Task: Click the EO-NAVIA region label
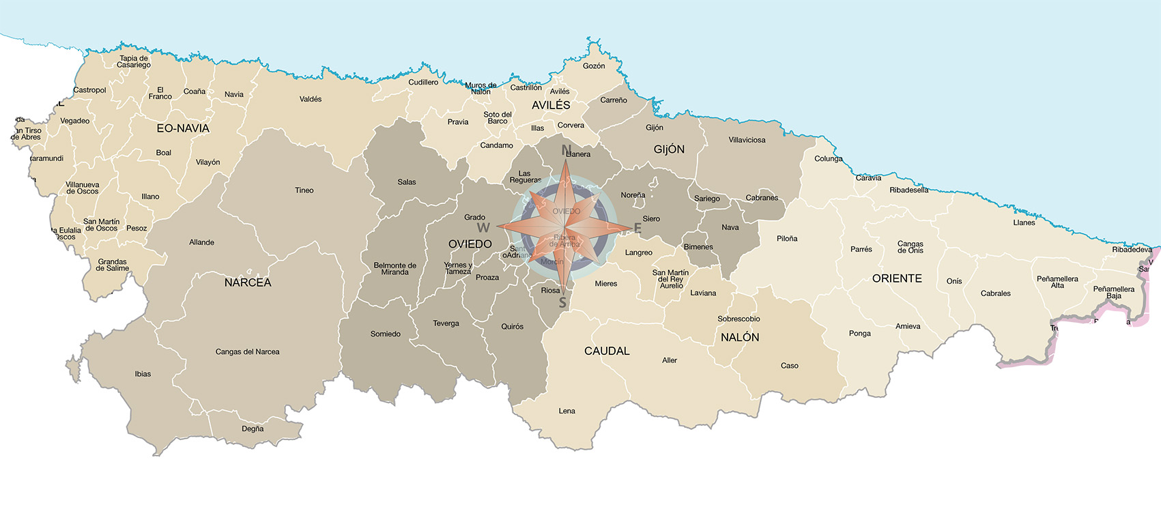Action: tap(183, 128)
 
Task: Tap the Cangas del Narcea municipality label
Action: tap(247, 352)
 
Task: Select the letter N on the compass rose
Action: tap(566, 149)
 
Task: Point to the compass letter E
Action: tap(637, 229)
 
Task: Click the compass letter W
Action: tap(483, 228)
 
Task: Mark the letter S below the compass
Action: tap(562, 303)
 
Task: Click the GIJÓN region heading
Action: tap(669, 149)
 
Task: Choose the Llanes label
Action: tap(1024, 222)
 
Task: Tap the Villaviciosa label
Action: tap(747, 140)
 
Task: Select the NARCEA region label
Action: tap(248, 283)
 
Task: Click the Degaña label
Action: tap(253, 429)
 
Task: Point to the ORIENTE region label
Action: tap(897, 278)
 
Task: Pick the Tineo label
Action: tap(304, 190)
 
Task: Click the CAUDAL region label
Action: tap(607, 351)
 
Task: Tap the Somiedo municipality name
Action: tap(385, 334)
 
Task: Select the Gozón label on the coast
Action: tap(594, 66)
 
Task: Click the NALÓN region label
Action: tap(740, 337)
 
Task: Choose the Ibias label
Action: tap(143, 374)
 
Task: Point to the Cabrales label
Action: tap(995, 293)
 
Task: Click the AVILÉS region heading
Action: tap(551, 105)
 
